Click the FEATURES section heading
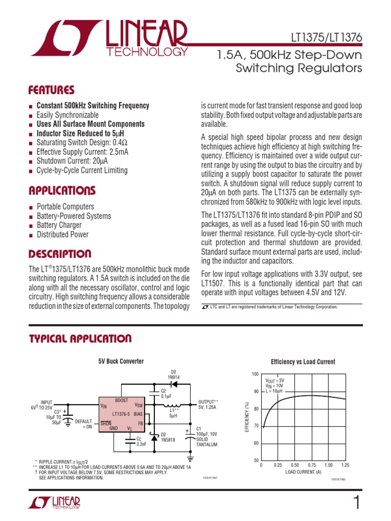[x=51, y=90]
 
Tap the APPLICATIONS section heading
[x=62, y=191]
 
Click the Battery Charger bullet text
[x=59, y=225]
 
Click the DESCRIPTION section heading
[x=60, y=253]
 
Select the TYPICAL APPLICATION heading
[x=80, y=339]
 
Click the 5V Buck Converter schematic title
[x=121, y=361]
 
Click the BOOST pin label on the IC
[x=122, y=400]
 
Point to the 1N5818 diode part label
[x=168, y=440]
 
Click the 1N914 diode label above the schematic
[x=174, y=377]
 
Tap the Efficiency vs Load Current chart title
[x=303, y=362]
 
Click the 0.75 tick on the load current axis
[x=312, y=465]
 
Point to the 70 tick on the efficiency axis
[x=256, y=426]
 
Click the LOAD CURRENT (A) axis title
[x=303, y=472]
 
